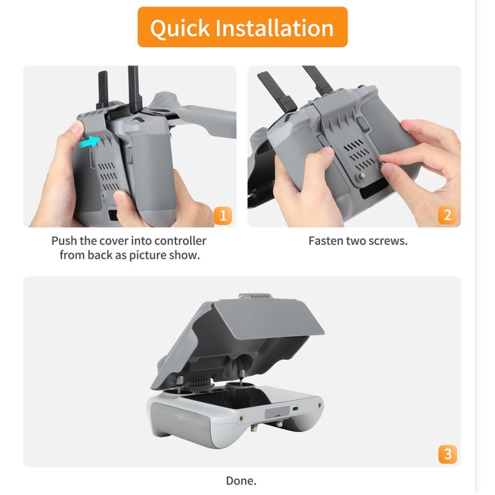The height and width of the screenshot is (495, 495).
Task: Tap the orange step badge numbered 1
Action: click(222, 215)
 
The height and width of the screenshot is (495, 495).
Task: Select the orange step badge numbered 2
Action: click(447, 215)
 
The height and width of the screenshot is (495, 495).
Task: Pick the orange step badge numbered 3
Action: click(447, 453)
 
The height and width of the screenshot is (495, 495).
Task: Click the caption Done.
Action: click(241, 480)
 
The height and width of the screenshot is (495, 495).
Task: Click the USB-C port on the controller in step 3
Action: click(295, 409)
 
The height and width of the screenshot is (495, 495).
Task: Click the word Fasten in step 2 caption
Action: click(325, 241)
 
